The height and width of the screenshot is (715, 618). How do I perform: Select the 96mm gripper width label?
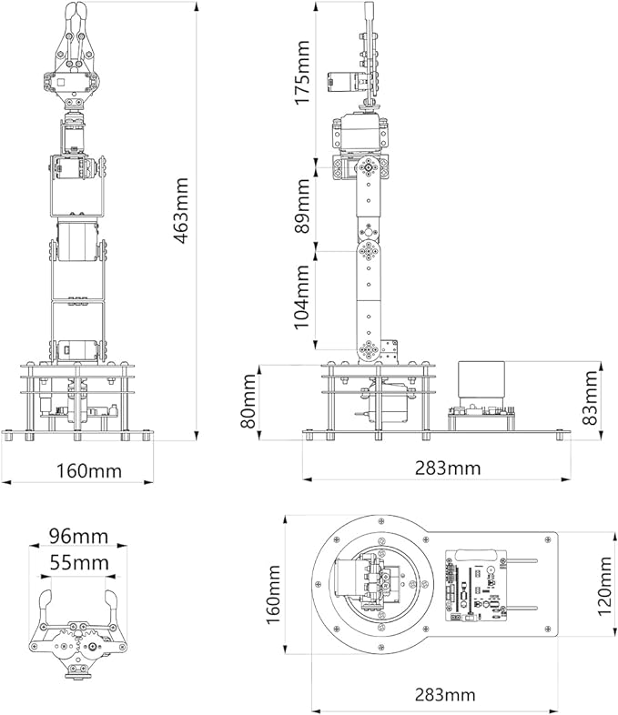(x=77, y=536)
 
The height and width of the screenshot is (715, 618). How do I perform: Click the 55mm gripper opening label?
(x=77, y=563)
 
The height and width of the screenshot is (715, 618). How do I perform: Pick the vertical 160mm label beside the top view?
(x=273, y=590)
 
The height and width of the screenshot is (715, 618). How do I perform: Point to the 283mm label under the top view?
(x=434, y=695)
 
